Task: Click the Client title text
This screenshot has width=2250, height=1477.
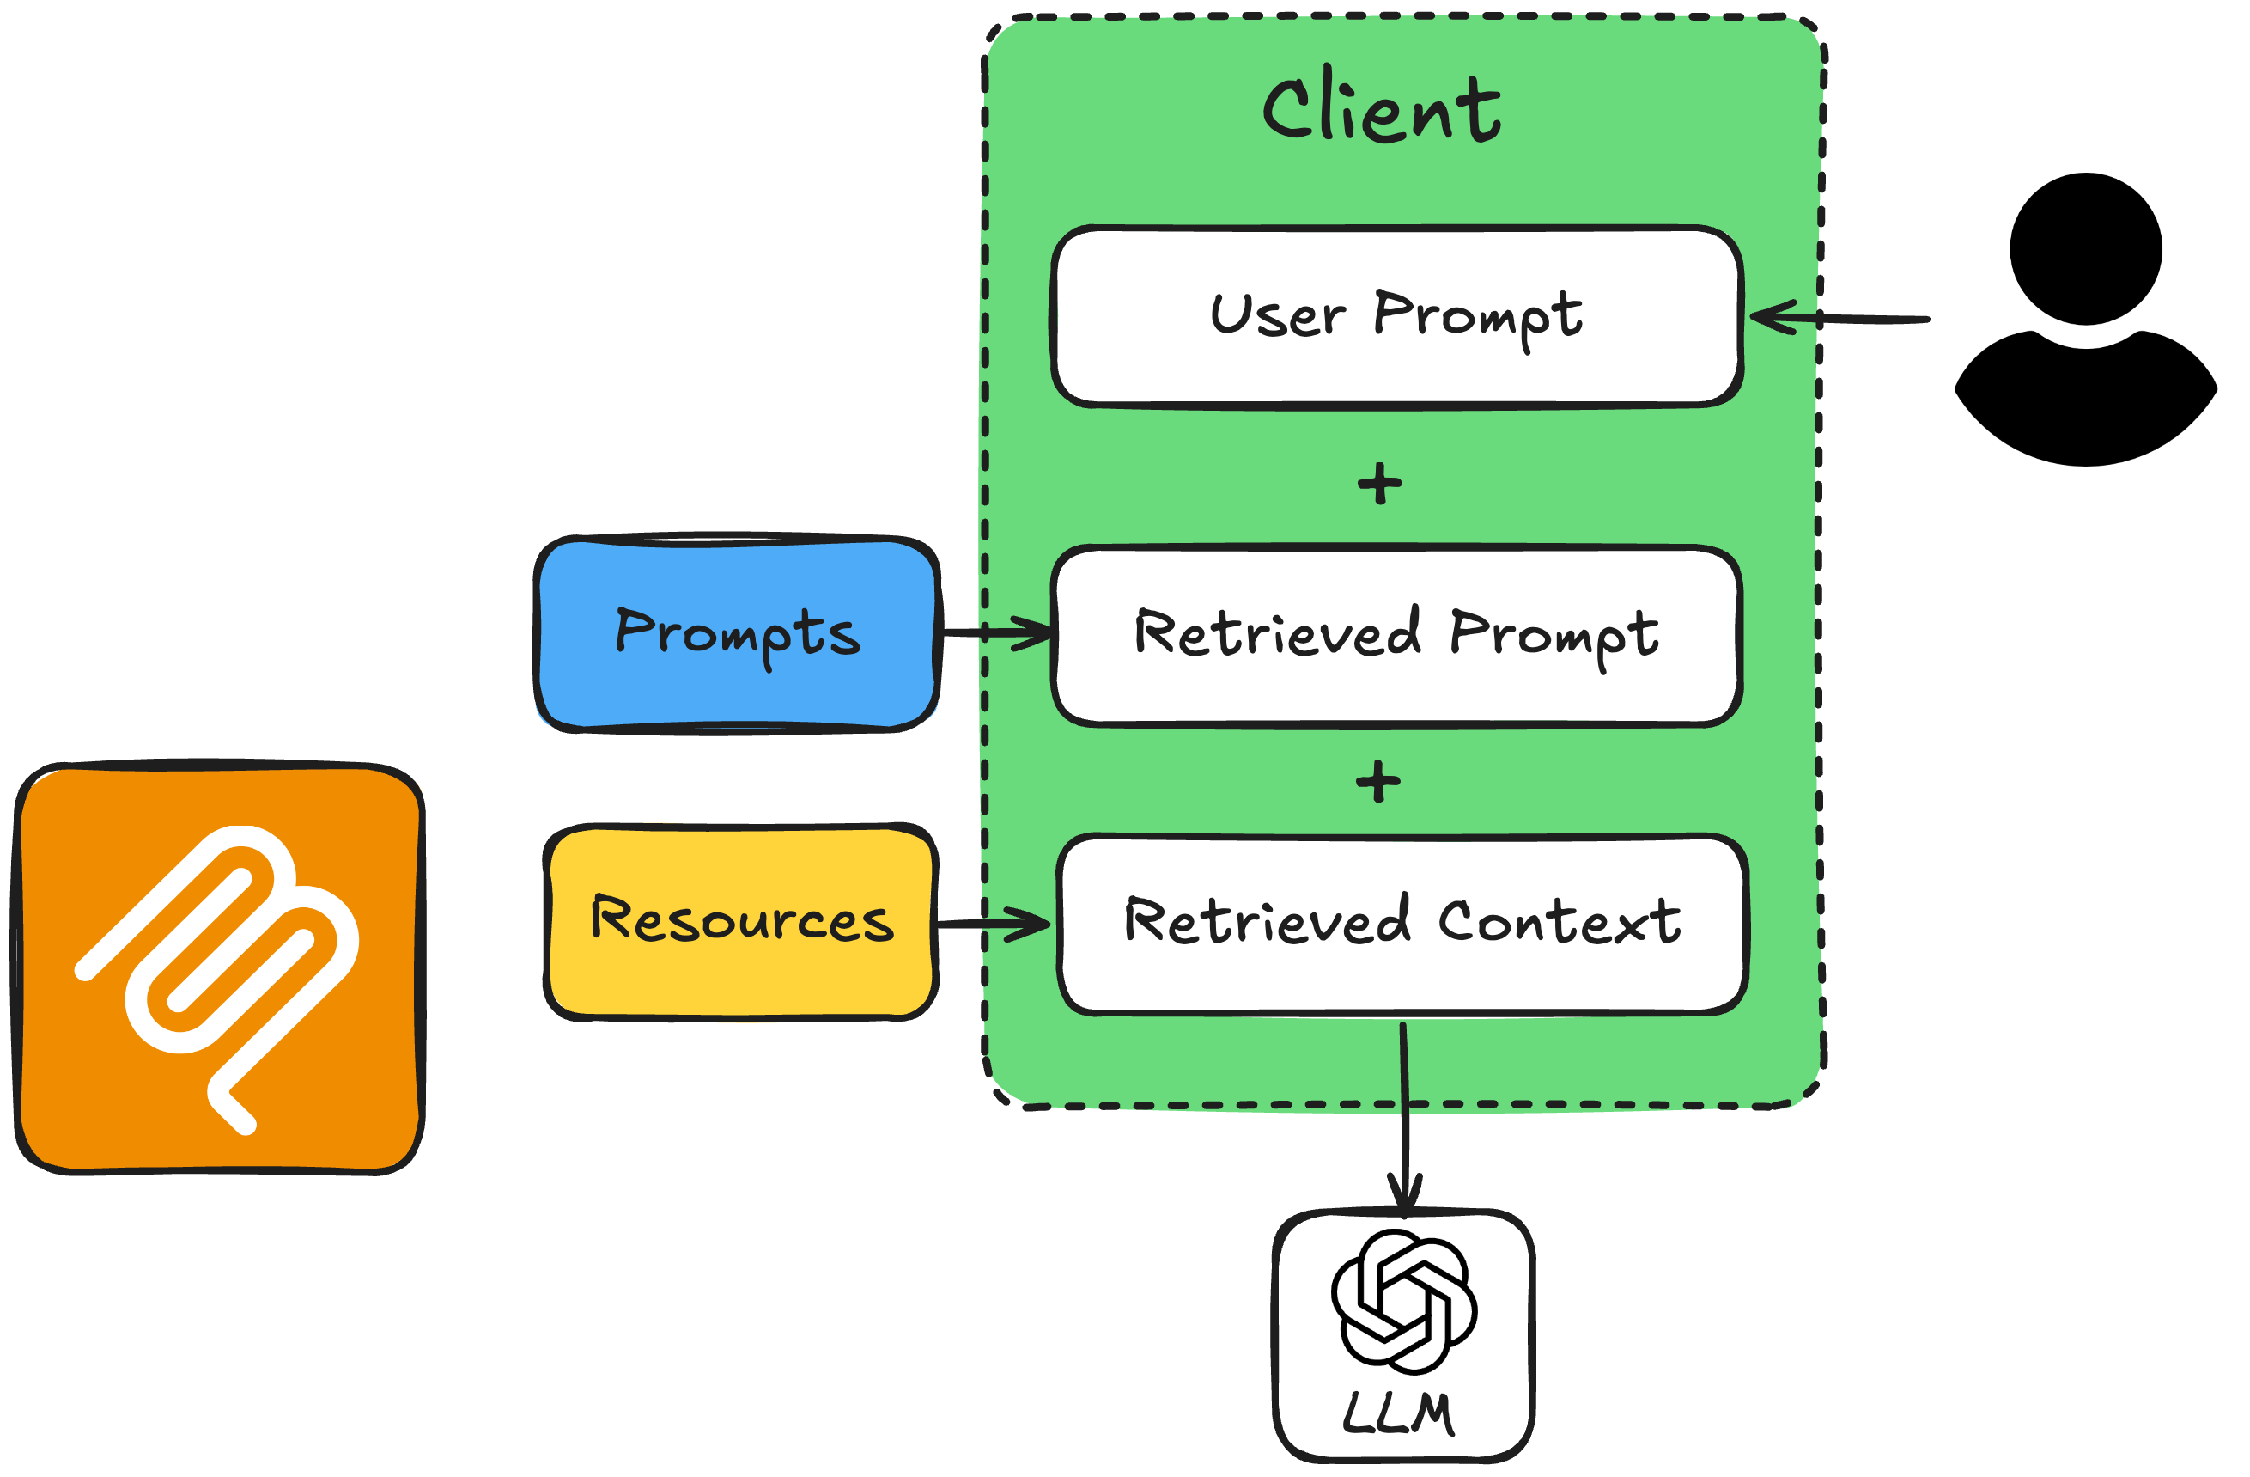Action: click(x=1381, y=109)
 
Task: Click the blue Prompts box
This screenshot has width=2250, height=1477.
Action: click(x=737, y=634)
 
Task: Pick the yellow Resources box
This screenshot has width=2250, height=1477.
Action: click(x=741, y=922)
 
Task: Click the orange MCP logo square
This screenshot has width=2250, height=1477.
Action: click(x=219, y=967)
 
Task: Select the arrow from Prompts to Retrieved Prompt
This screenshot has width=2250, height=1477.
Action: click(x=997, y=632)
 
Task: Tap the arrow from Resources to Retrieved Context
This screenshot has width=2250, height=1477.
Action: click(x=993, y=922)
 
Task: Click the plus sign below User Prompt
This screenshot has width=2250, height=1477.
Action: click(x=1379, y=484)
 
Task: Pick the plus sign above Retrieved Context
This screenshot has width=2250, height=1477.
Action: click(x=1377, y=782)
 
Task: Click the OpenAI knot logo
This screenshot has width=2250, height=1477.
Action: click(x=1404, y=1302)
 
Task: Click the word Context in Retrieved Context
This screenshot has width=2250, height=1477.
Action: click(x=1559, y=922)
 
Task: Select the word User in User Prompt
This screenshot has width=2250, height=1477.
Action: click(x=1278, y=314)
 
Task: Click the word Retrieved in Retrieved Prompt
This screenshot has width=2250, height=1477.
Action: click(x=1278, y=632)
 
